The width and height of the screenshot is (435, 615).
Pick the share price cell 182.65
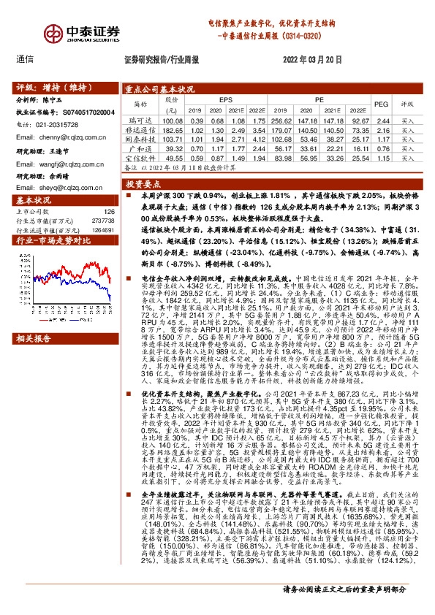point(172,129)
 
